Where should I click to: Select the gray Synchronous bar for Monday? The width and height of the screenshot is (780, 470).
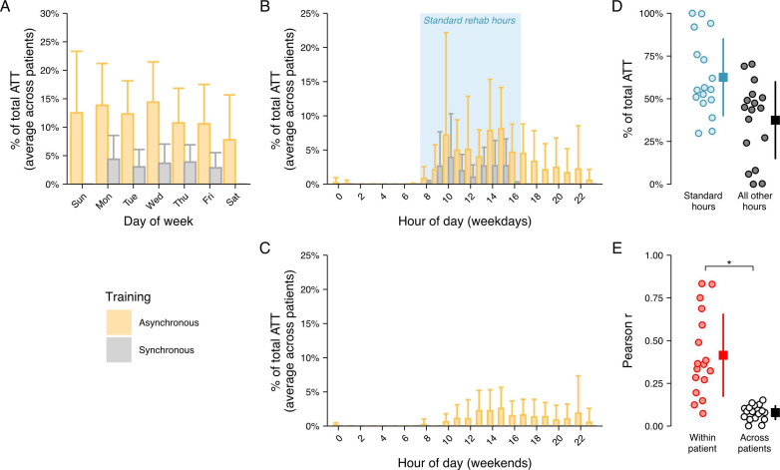click(x=114, y=172)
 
